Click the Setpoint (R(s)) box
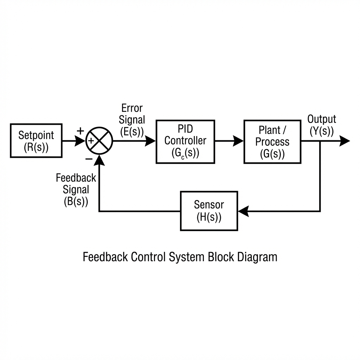point(36,140)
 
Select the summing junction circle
point(99,140)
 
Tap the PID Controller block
point(185,141)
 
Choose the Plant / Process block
point(272,141)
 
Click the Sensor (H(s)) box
point(209,211)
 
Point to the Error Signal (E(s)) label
point(131,120)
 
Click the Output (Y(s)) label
point(322,125)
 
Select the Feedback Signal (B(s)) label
point(76,189)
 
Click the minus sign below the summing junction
point(89,159)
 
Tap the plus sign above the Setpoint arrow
point(81,131)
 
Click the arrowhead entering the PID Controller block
point(150,141)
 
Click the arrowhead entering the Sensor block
point(243,211)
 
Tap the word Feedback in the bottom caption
point(105,257)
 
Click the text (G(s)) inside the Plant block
point(272,154)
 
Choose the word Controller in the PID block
point(185,141)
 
